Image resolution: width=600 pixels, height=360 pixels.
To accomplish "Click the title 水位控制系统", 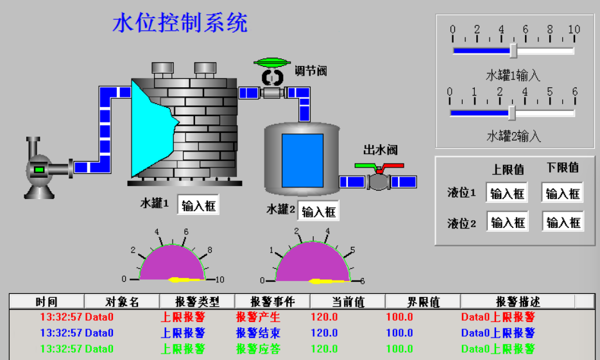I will click(x=180, y=24).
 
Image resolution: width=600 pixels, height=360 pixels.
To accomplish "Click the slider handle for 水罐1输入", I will click(x=513, y=50).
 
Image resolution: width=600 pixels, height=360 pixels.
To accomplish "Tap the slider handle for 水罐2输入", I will click(x=511, y=112).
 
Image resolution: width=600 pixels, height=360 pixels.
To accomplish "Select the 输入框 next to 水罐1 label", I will click(x=198, y=205).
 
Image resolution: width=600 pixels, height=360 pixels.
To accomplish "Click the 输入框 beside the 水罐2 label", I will click(x=319, y=211).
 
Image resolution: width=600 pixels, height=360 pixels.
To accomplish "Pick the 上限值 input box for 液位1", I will click(x=507, y=193).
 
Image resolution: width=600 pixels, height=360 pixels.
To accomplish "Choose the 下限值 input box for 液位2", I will click(x=563, y=222).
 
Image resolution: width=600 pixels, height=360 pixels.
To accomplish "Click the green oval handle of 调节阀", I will click(x=273, y=62).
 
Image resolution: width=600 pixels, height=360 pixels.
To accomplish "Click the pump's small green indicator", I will click(x=39, y=169).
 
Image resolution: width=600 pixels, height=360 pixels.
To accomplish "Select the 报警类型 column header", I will click(x=197, y=302).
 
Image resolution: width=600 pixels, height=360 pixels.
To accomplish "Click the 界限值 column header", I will click(x=423, y=302).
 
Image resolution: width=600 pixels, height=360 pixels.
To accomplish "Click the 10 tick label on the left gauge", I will click(x=219, y=279).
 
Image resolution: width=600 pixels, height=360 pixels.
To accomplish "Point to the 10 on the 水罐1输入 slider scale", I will click(x=574, y=30).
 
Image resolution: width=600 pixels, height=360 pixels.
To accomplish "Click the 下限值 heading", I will click(x=563, y=167).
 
